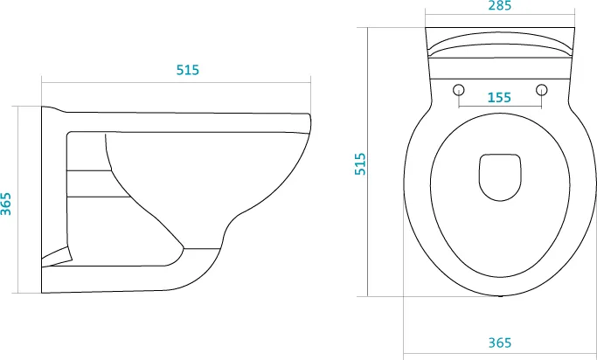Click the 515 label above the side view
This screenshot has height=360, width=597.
coord(188,70)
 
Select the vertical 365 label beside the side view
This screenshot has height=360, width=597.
coord(6,204)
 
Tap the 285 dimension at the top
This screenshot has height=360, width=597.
coord(499,6)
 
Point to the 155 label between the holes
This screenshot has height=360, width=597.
coord(499,98)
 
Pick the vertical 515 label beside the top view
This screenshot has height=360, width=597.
coord(360,164)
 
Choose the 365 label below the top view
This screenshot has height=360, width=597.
coord(499,343)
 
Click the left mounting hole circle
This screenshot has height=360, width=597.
coord(459,90)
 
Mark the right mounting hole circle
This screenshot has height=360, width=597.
coord(541,90)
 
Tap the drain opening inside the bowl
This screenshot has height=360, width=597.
coord(500,177)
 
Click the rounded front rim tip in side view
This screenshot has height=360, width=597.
coord(310,124)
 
